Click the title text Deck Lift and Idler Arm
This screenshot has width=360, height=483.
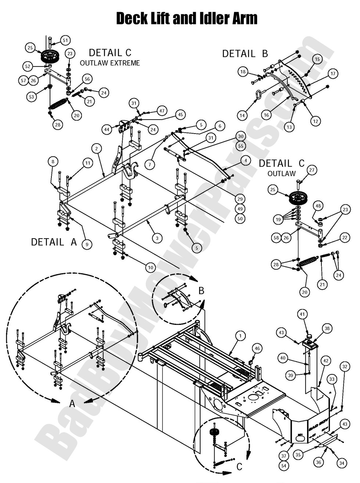point(187,18)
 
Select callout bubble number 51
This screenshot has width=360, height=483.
point(65,40)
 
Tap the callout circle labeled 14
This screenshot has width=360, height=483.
point(242,116)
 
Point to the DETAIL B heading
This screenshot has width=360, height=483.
point(245,54)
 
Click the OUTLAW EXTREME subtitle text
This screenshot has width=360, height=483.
point(110,63)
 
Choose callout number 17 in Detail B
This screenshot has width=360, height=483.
point(333,74)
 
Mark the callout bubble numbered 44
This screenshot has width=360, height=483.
point(107,130)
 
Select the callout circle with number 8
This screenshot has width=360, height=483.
point(53,161)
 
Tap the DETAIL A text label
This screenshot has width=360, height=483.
point(54,242)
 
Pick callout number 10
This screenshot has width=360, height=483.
point(150,268)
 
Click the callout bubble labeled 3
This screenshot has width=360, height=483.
point(157,238)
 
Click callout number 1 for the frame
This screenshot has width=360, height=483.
point(241,335)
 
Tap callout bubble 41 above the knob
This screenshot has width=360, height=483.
point(302,314)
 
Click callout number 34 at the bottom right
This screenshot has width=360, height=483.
point(342,463)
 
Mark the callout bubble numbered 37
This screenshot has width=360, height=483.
point(284,456)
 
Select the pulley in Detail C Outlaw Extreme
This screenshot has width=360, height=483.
point(47,57)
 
